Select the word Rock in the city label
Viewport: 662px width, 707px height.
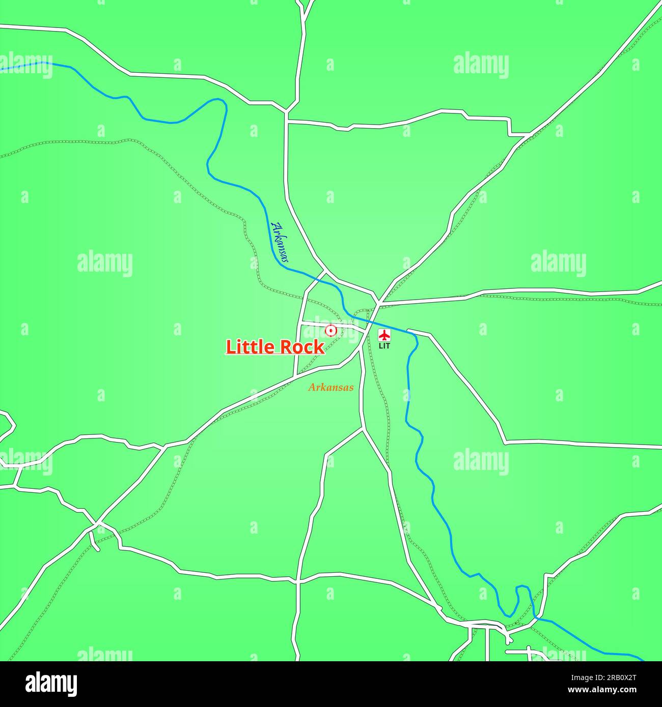299,347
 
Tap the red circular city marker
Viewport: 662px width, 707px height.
331,331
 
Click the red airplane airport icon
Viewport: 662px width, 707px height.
384,336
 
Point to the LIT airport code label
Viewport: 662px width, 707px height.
384,346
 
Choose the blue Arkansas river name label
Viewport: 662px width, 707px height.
280,243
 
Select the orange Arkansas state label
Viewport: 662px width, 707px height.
330,388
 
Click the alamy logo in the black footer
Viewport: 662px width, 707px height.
51,683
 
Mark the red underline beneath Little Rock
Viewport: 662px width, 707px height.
275,355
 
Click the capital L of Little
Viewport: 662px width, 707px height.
230,347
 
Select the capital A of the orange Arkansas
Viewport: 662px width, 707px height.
311,388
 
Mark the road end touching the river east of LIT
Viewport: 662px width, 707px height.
409,331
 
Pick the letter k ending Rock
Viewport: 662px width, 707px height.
319,347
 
